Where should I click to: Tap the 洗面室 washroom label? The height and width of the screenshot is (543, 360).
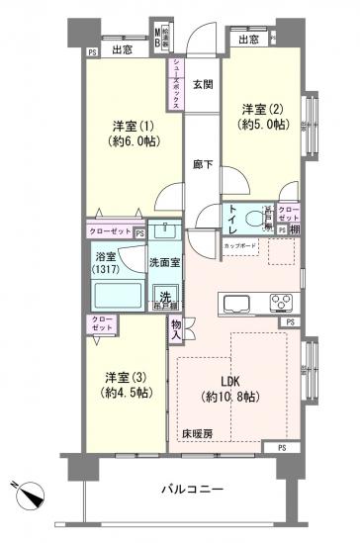164,263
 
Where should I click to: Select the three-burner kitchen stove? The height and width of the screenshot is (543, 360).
282,303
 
